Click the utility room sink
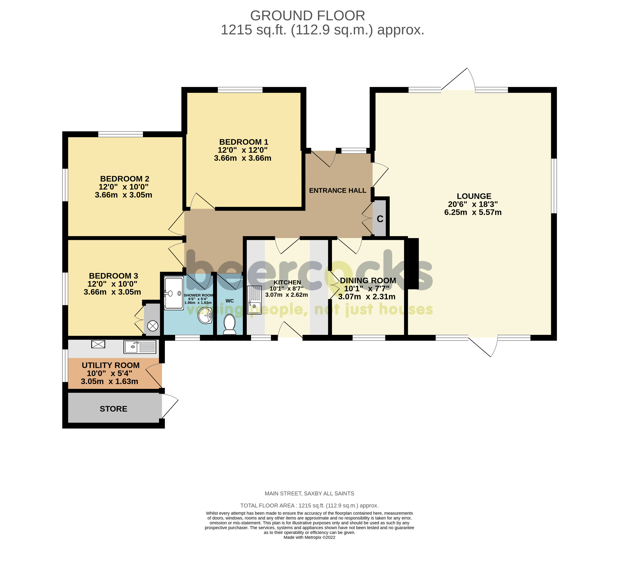[x=140, y=347]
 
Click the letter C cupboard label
[x=380, y=219]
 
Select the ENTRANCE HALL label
[x=338, y=191]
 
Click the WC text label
[x=230, y=301]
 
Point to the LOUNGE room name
[x=474, y=196]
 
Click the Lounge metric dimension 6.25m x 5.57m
[x=473, y=212]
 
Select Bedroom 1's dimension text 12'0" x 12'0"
[x=243, y=150]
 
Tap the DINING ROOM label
[x=368, y=281]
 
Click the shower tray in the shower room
[x=174, y=293]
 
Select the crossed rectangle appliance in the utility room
[x=98, y=344]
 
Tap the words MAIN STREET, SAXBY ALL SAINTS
[x=309, y=493]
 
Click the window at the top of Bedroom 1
[x=240, y=90]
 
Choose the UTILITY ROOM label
[x=111, y=365]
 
